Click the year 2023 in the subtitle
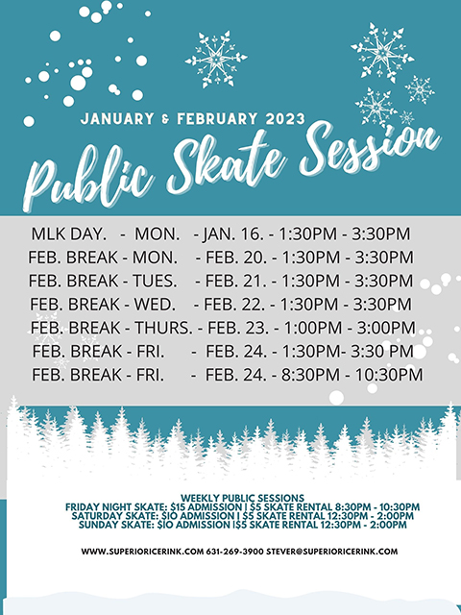coord(278,120)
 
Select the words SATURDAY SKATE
coord(109,516)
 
